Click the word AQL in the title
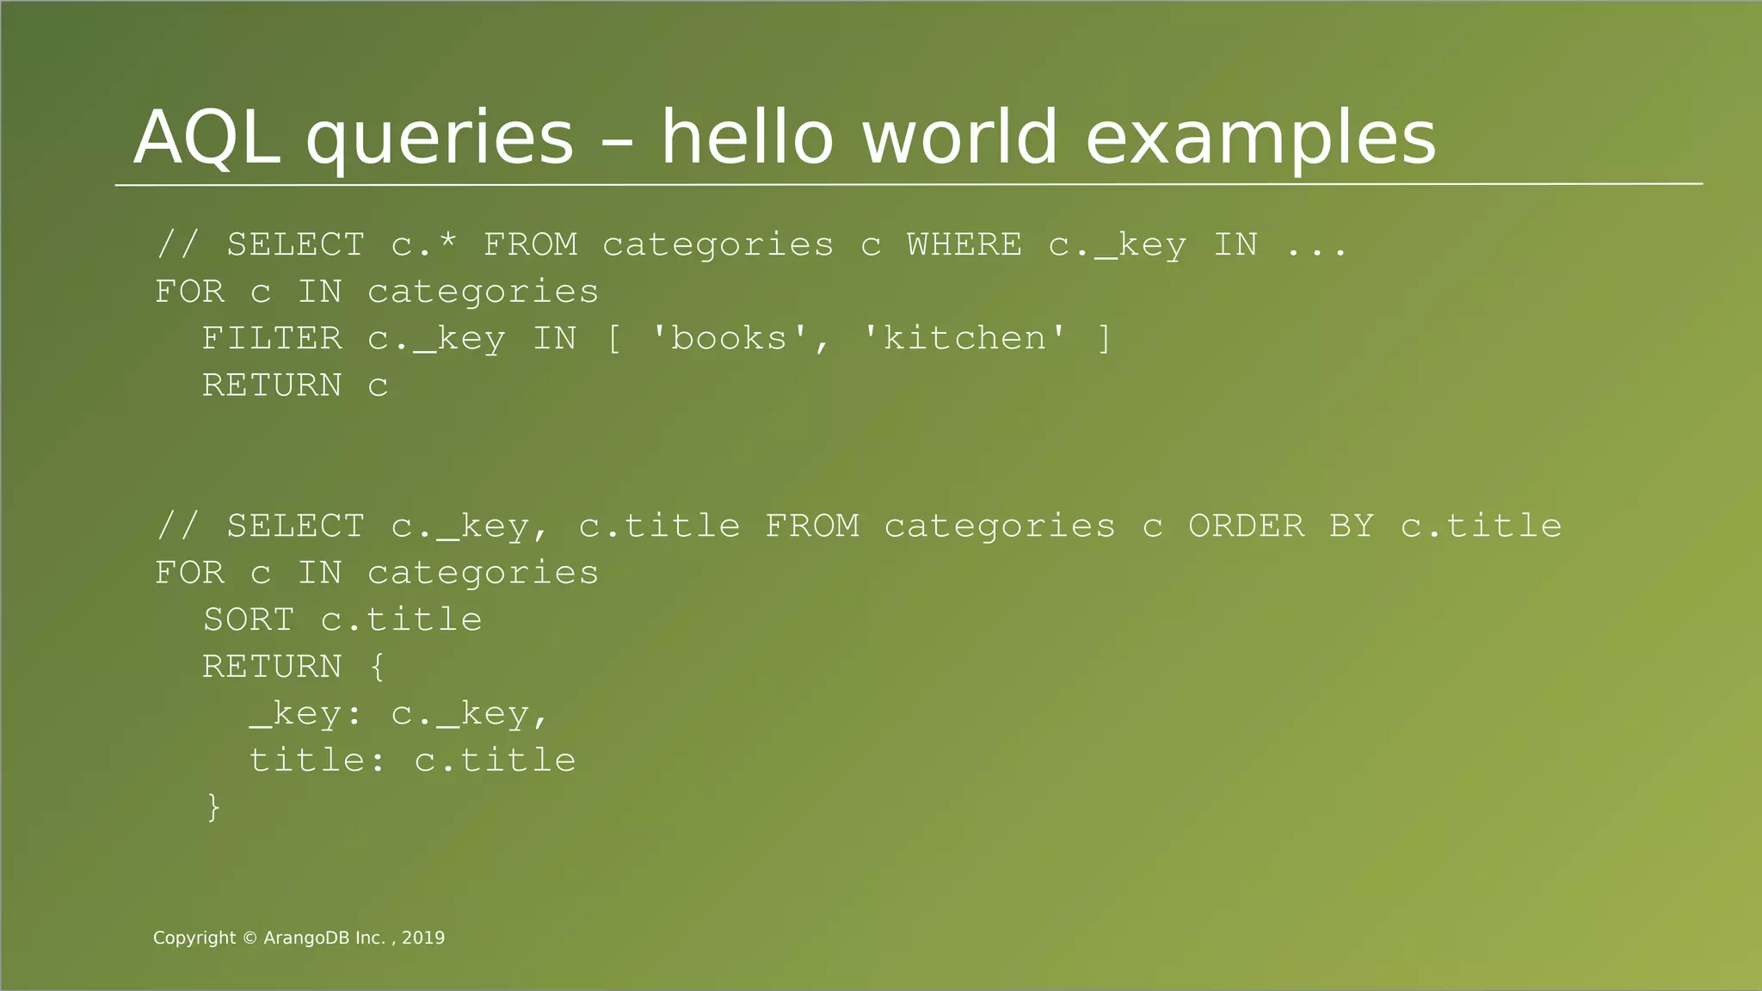pos(207,138)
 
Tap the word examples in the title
pos(1260,138)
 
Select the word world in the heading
pos(959,138)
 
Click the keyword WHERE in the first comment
pos(964,245)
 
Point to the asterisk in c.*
pos(447,243)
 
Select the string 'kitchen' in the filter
pos(964,338)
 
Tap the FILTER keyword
pos(272,338)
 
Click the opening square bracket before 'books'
pos(613,339)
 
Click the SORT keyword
pos(249,619)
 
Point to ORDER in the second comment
pos(1246,526)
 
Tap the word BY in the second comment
pos(1352,526)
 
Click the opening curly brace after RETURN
pos(378,667)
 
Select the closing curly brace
pos(213,807)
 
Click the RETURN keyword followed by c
pos(272,385)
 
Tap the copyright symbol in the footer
pos(250,939)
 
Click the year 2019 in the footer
pos(423,939)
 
